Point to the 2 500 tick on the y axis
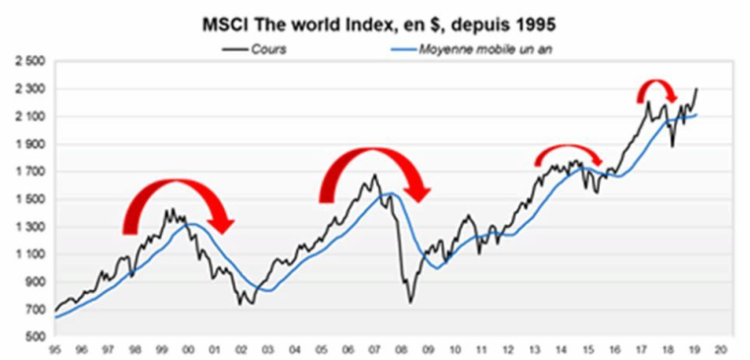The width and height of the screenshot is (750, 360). point(33,61)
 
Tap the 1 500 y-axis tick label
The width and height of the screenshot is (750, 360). point(33,199)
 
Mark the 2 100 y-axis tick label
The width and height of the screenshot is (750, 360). point(33,116)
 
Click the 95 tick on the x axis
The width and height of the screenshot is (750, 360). point(56,350)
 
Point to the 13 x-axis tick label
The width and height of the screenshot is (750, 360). point(534,350)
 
